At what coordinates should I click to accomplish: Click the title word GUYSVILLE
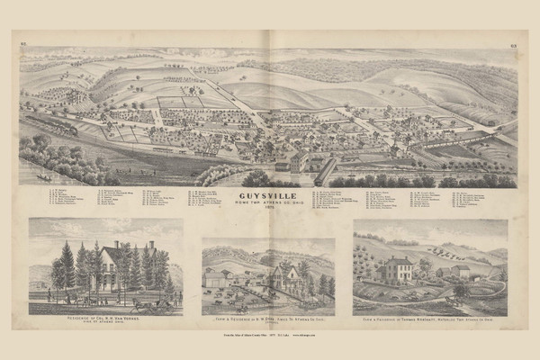269,192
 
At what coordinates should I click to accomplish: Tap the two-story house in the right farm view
395,269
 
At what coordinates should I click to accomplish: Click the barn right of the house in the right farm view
459,270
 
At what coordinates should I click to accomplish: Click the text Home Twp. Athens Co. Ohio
269,199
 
